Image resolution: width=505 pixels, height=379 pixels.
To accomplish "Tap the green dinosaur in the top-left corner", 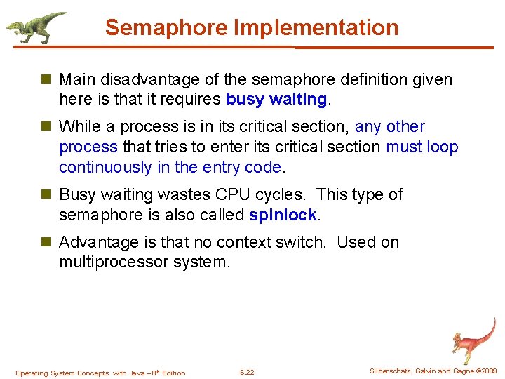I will point(35,27).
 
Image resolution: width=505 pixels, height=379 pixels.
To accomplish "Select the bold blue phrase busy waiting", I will point(276,100).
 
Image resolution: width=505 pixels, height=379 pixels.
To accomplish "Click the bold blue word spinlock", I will point(283,215).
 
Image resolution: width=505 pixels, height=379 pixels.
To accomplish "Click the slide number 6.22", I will point(247,373).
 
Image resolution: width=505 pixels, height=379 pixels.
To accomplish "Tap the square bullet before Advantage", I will point(46,243).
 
